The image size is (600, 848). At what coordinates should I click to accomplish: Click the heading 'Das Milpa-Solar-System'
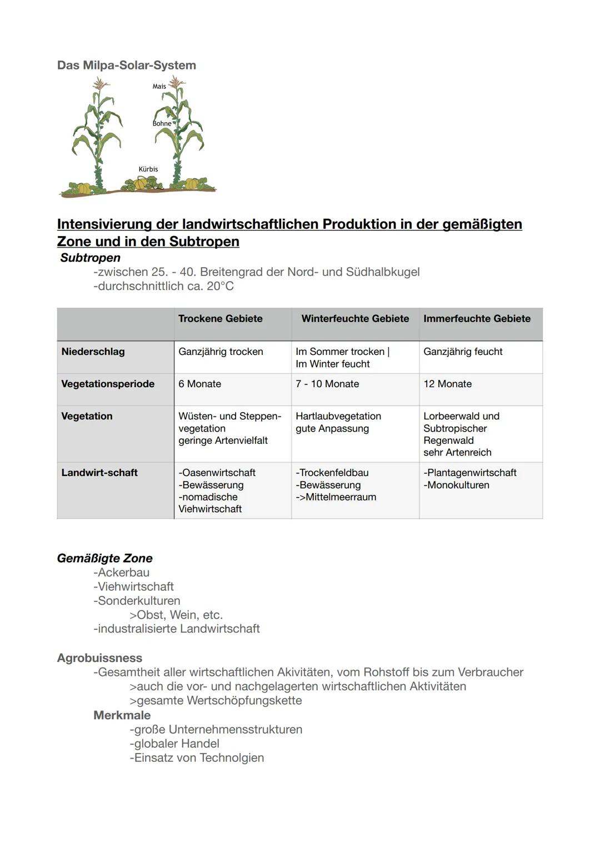[x=126, y=65]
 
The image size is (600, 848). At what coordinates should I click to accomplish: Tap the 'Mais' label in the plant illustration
[x=159, y=86]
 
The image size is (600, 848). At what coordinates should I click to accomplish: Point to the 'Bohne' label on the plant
[x=162, y=123]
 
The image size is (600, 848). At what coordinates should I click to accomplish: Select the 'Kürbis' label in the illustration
[x=148, y=169]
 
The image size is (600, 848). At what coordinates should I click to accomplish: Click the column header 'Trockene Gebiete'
[x=220, y=318]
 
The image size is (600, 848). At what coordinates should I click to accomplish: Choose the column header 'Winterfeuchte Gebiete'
[x=355, y=318]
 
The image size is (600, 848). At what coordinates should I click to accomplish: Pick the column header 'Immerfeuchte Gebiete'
[x=477, y=318]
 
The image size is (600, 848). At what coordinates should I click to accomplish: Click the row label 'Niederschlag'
[x=93, y=352]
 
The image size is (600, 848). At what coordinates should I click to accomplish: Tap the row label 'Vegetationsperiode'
[x=108, y=384]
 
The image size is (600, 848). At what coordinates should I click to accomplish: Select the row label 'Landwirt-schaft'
[x=99, y=473]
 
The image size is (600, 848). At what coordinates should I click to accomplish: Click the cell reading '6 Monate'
[x=199, y=384]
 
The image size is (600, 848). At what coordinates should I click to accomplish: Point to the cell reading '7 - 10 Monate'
[x=327, y=384]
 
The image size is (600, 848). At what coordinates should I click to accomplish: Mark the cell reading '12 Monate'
[x=447, y=384]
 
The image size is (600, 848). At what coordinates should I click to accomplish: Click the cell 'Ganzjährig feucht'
[x=463, y=352]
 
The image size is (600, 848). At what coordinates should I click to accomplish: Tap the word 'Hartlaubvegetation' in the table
[x=338, y=416]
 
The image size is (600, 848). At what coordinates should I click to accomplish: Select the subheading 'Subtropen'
[x=90, y=258]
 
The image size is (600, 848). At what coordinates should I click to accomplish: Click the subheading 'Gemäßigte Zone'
[x=104, y=558]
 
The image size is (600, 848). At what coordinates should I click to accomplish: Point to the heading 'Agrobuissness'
[x=99, y=658]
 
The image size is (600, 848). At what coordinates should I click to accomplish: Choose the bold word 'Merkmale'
[x=122, y=715]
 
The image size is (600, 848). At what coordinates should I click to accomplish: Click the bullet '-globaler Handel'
[x=174, y=744]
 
